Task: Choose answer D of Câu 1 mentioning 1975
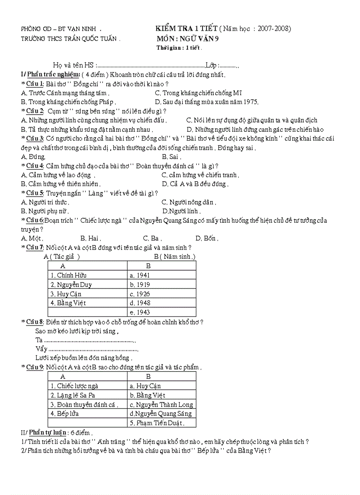[x=206, y=102]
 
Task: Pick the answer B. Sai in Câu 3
[x=172, y=156]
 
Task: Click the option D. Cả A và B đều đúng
[x=195, y=184]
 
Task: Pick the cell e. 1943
[x=140, y=312]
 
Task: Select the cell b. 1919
[x=140, y=284]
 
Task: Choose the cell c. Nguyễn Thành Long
[x=161, y=404]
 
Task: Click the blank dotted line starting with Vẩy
[x=88, y=349]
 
